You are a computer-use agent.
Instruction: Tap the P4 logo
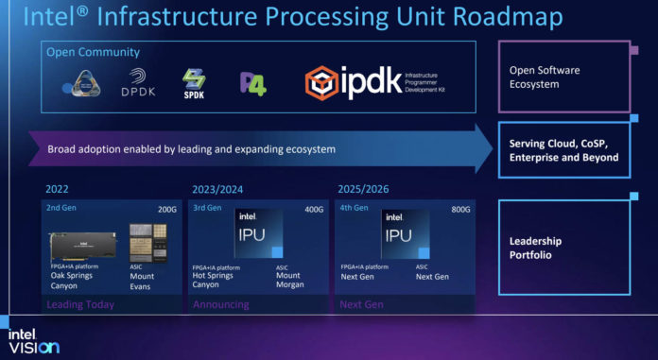click(252, 83)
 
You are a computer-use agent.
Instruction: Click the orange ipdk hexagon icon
click(323, 83)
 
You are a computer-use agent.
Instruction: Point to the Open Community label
click(93, 53)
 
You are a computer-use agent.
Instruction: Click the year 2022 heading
click(57, 189)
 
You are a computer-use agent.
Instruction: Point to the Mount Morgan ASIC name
click(289, 282)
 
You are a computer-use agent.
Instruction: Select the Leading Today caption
click(80, 304)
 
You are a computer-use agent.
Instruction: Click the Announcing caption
click(220, 304)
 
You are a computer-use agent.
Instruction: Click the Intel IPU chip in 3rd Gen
click(252, 232)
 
